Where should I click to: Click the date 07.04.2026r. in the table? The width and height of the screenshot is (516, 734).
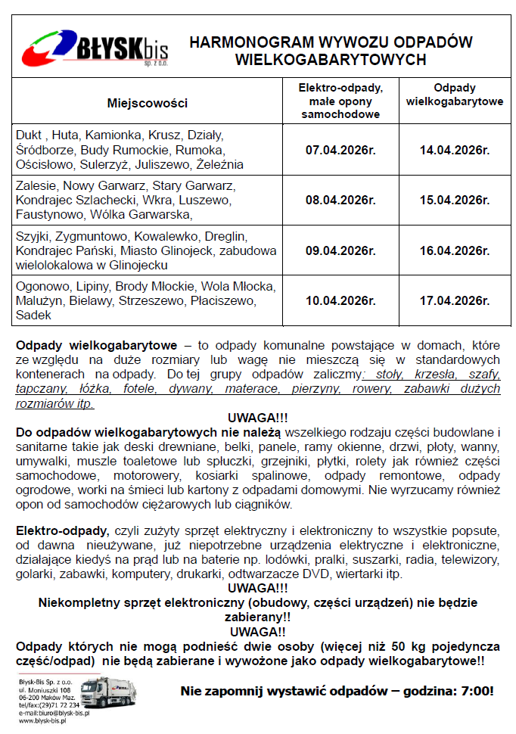coord(340,150)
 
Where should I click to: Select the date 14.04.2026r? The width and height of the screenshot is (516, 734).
coord(455,150)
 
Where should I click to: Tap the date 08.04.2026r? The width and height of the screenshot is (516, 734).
coord(340,200)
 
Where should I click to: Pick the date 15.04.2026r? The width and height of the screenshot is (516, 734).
coord(455,200)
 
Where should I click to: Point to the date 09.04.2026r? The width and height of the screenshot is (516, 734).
coord(340,250)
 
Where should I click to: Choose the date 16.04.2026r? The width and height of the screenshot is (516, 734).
coord(455,250)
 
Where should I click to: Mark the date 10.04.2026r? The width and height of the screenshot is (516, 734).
coord(340,300)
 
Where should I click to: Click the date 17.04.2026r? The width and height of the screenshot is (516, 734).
coord(455,300)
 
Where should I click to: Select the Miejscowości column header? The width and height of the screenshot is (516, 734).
coord(147,103)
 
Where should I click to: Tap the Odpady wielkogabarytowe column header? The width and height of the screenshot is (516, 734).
coord(455,94)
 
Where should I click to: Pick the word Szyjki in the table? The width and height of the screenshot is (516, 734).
coord(31,236)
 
